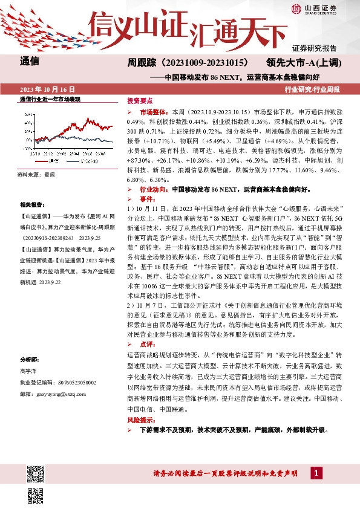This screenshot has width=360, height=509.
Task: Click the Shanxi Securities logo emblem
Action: point(296,8)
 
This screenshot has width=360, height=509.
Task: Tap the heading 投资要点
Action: point(140,101)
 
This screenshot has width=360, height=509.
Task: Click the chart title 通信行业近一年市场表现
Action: point(50,99)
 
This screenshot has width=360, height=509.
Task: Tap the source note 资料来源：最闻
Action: point(36,174)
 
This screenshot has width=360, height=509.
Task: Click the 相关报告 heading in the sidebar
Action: point(31,205)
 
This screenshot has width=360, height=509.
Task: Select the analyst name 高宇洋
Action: point(28,370)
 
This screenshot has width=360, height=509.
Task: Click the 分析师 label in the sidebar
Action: point(30,358)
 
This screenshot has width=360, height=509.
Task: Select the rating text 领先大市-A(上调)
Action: point(303,62)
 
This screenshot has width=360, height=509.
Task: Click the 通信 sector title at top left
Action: point(30,61)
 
